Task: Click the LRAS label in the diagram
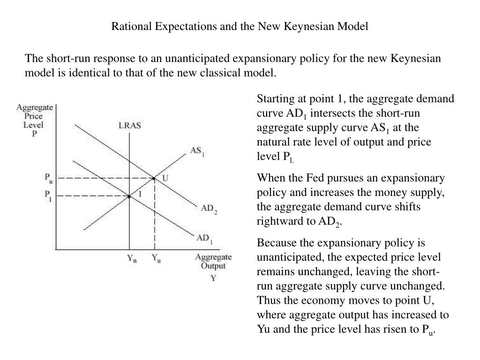click(130, 126)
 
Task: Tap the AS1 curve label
click(197, 151)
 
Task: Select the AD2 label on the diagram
click(209, 209)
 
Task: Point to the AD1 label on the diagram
click(204, 238)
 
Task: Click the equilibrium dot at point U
click(154, 178)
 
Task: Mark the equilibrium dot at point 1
click(129, 196)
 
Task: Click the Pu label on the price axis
click(49, 178)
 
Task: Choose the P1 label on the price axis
click(48, 195)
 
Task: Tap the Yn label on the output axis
click(132, 259)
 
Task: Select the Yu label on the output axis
click(156, 259)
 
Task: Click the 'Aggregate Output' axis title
click(213, 262)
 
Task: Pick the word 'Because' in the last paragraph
click(274, 243)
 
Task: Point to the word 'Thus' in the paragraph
click(266, 300)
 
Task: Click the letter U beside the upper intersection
click(165, 178)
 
